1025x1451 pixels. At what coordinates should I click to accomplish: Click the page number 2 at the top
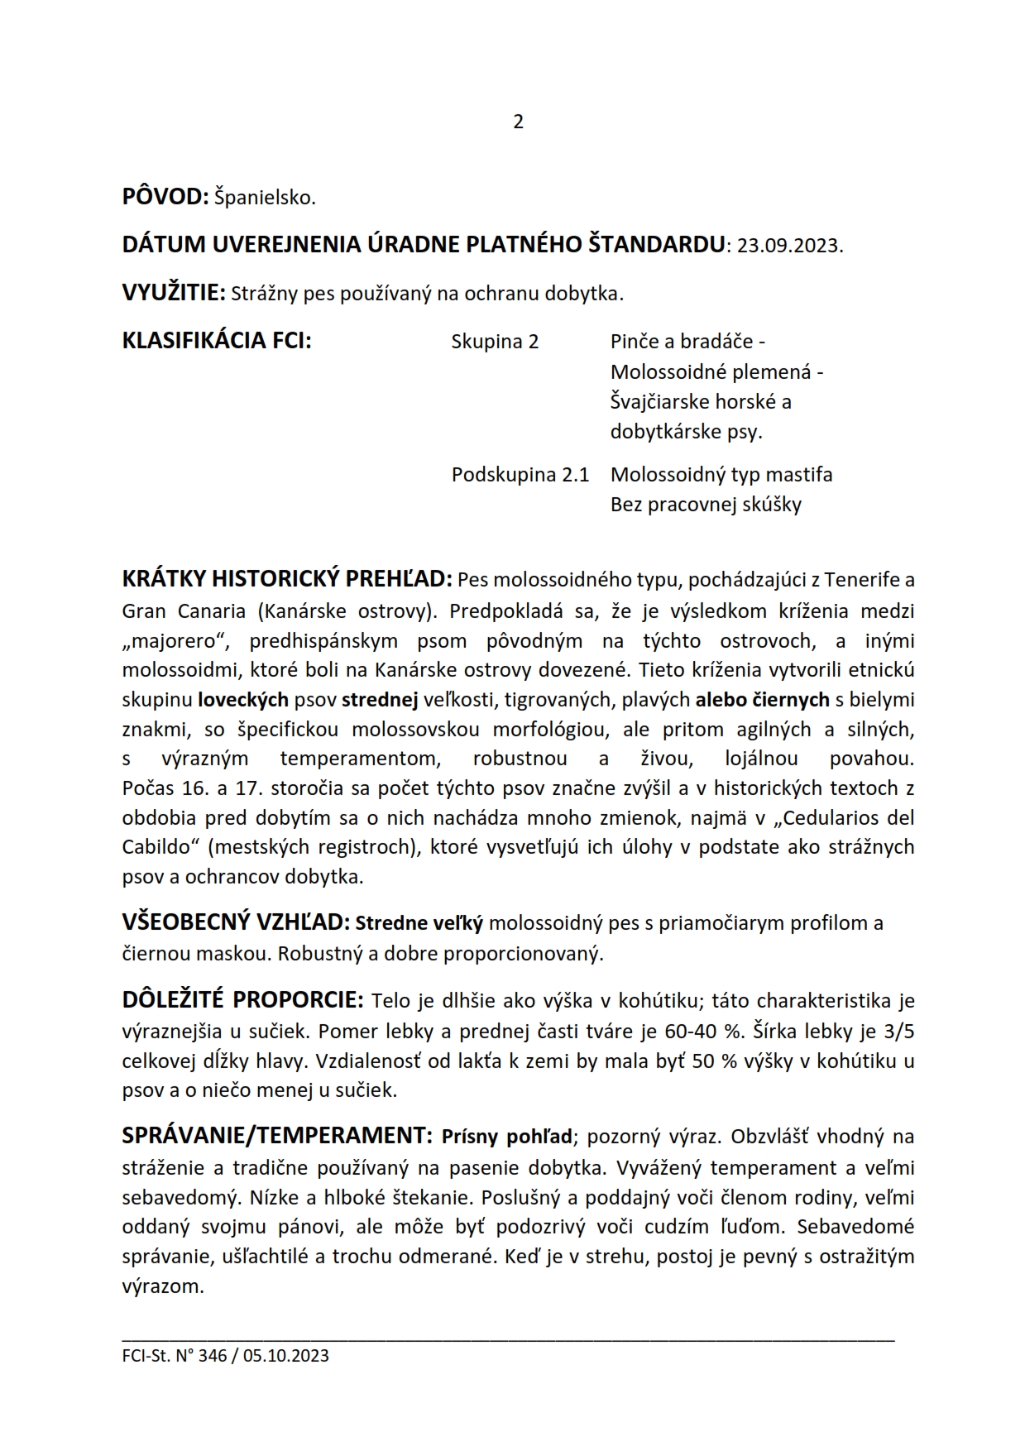(x=519, y=122)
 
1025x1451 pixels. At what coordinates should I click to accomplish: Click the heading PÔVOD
(x=165, y=198)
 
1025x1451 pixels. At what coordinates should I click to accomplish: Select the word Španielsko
(x=265, y=199)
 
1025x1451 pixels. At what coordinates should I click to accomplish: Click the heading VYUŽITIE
(x=174, y=293)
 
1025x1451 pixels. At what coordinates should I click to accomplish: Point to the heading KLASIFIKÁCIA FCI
(x=217, y=341)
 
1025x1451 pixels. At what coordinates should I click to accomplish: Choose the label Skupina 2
(x=495, y=342)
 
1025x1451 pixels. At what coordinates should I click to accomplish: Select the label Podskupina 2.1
(x=520, y=475)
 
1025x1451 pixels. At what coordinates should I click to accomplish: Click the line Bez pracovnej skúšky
(x=706, y=505)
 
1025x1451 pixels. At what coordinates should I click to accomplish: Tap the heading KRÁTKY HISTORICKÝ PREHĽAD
(x=287, y=579)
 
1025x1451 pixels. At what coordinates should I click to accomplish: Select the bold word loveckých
(x=243, y=701)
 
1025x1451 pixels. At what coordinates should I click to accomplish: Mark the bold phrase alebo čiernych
(x=762, y=701)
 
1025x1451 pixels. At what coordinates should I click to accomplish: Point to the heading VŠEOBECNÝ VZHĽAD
(x=237, y=923)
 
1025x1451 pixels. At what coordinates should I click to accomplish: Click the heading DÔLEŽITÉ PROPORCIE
(x=242, y=1001)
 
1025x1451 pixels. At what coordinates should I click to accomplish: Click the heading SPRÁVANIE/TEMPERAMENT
(x=276, y=1137)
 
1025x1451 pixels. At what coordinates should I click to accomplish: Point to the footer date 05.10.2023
(x=286, y=1356)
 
